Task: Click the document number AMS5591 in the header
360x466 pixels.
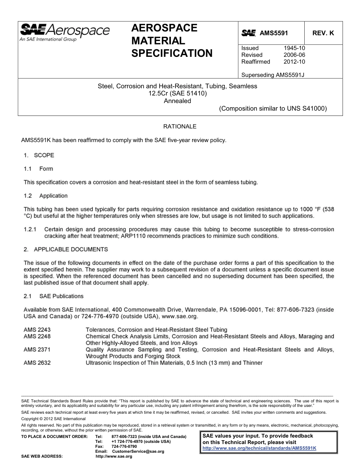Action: [x=274, y=33]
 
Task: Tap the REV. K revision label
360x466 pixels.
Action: [x=323, y=33]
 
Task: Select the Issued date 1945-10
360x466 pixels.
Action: [x=294, y=48]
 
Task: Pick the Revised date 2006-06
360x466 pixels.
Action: [x=294, y=55]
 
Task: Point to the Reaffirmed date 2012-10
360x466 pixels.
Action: [x=294, y=62]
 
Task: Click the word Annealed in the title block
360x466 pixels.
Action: [x=177, y=101]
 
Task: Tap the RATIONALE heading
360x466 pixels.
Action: [x=180, y=127]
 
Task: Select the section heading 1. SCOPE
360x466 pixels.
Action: [x=39, y=155]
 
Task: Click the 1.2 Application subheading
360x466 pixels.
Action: [x=45, y=196]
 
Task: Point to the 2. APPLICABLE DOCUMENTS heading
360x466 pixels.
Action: [x=66, y=249]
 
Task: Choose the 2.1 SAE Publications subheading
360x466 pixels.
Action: [x=53, y=296]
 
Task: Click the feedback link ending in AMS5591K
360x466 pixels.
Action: [x=259, y=448]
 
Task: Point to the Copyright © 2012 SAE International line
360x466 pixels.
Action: [x=53, y=419]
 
